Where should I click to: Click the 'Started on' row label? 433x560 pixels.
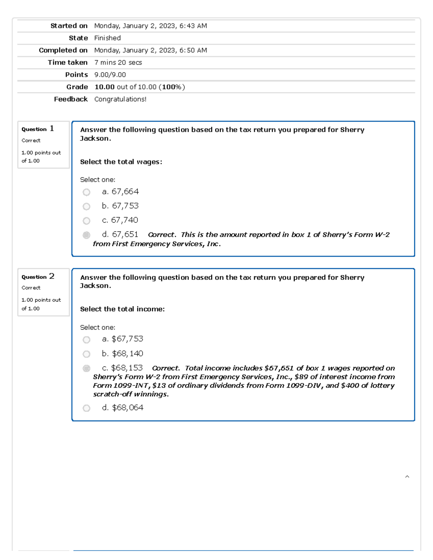click(x=69, y=26)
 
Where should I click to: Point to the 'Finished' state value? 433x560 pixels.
click(x=107, y=38)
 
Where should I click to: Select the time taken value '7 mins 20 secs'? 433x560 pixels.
click(x=118, y=63)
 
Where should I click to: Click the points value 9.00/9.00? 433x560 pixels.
click(x=110, y=75)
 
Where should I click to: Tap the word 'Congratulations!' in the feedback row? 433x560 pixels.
click(x=120, y=100)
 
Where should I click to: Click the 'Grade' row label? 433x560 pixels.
click(x=77, y=87)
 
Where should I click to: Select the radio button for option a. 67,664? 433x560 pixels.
click(x=86, y=192)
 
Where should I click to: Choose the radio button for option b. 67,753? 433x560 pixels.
click(x=86, y=207)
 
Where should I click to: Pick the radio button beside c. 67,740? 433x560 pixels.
click(x=86, y=221)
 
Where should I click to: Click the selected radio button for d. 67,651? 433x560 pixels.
click(x=86, y=235)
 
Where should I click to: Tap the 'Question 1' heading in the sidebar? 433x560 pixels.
click(x=38, y=129)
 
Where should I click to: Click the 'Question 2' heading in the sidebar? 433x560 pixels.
click(x=38, y=277)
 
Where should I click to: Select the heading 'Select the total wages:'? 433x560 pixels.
click(x=121, y=162)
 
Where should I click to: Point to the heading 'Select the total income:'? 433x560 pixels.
click(x=122, y=309)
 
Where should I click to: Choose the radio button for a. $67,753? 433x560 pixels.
click(x=86, y=340)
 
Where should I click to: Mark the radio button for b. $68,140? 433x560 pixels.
click(x=86, y=354)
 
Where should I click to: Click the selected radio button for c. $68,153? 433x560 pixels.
click(x=86, y=368)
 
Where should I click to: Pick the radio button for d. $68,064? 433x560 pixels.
click(x=86, y=408)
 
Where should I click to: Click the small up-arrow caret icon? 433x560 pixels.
click(x=407, y=477)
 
